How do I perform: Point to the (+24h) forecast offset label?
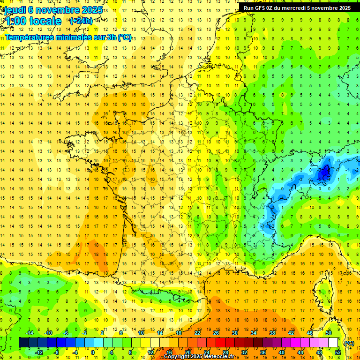[x=81, y=21]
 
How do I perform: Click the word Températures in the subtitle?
[x=29, y=37]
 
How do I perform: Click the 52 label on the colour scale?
[x=338, y=352]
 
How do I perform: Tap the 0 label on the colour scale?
[x=93, y=352]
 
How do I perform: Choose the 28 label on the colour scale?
[x=225, y=352]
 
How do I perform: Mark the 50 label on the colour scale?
[x=328, y=333]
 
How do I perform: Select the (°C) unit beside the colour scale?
[x=349, y=343]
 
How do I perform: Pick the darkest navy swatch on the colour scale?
[x=23, y=343]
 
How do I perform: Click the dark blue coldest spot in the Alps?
[x=323, y=174]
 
